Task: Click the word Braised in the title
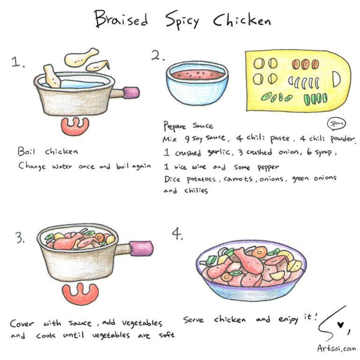[x=121, y=19]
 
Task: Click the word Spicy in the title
[x=182, y=20]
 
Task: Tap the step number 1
[x=18, y=62]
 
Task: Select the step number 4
[x=177, y=233]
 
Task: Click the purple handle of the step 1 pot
[x=131, y=93]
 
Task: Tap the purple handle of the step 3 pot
[x=141, y=248]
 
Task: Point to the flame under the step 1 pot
[x=75, y=127]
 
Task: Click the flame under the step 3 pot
[x=80, y=294]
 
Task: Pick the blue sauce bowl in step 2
[x=197, y=83]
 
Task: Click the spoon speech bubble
[x=336, y=124]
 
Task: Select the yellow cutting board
[x=298, y=81]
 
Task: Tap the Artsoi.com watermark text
[x=337, y=348]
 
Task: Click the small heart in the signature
[x=340, y=325]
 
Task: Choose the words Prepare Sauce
[x=188, y=126]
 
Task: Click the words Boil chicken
[x=48, y=151]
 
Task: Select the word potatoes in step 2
[x=202, y=179]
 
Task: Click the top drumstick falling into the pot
[x=81, y=57]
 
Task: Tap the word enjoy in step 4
[x=288, y=319]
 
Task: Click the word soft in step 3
[x=167, y=335]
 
